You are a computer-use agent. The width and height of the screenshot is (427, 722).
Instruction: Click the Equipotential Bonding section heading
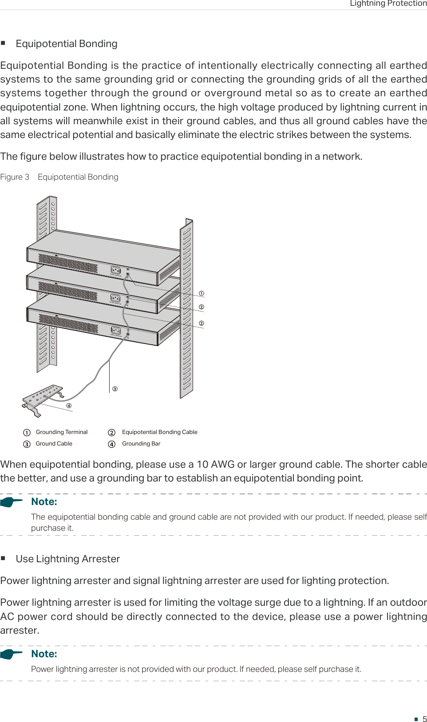(67, 44)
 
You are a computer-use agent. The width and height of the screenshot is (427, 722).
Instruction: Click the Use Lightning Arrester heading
(68, 559)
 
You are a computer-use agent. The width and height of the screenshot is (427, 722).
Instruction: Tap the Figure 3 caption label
(15, 177)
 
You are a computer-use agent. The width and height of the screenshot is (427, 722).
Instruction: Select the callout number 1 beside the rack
(202, 293)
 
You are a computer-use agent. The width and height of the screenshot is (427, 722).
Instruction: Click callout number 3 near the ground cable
(115, 389)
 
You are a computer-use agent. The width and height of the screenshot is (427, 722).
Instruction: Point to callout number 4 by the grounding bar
(69, 406)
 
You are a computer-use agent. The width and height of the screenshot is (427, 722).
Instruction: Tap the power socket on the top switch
(116, 270)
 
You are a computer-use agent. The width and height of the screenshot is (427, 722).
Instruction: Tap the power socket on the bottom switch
(116, 331)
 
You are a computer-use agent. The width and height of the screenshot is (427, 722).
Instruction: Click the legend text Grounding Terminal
(62, 432)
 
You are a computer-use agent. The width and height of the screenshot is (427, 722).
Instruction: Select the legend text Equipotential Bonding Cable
(159, 432)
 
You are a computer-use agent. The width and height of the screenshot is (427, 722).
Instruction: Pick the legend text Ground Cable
(54, 444)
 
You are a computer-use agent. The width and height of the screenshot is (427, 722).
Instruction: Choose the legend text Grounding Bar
(141, 444)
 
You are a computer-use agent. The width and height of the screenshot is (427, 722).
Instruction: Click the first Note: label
(44, 502)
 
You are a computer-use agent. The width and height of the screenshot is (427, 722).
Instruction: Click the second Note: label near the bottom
(44, 654)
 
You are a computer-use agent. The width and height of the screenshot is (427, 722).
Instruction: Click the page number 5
(424, 719)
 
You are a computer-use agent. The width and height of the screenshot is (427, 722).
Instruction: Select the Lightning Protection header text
(388, 4)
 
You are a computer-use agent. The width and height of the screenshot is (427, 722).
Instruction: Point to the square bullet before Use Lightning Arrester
(3, 558)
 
